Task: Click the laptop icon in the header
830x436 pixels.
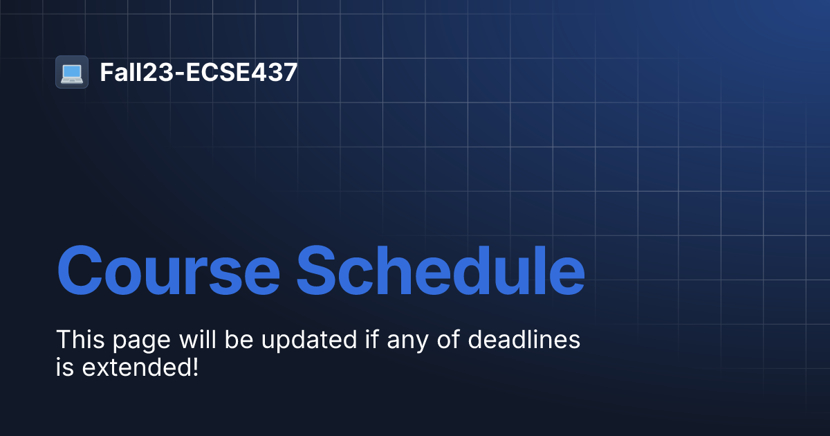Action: [72, 72]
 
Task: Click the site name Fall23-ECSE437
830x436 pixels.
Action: [199, 72]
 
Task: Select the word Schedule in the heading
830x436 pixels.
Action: [441, 270]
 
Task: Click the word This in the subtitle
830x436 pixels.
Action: [79, 340]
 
